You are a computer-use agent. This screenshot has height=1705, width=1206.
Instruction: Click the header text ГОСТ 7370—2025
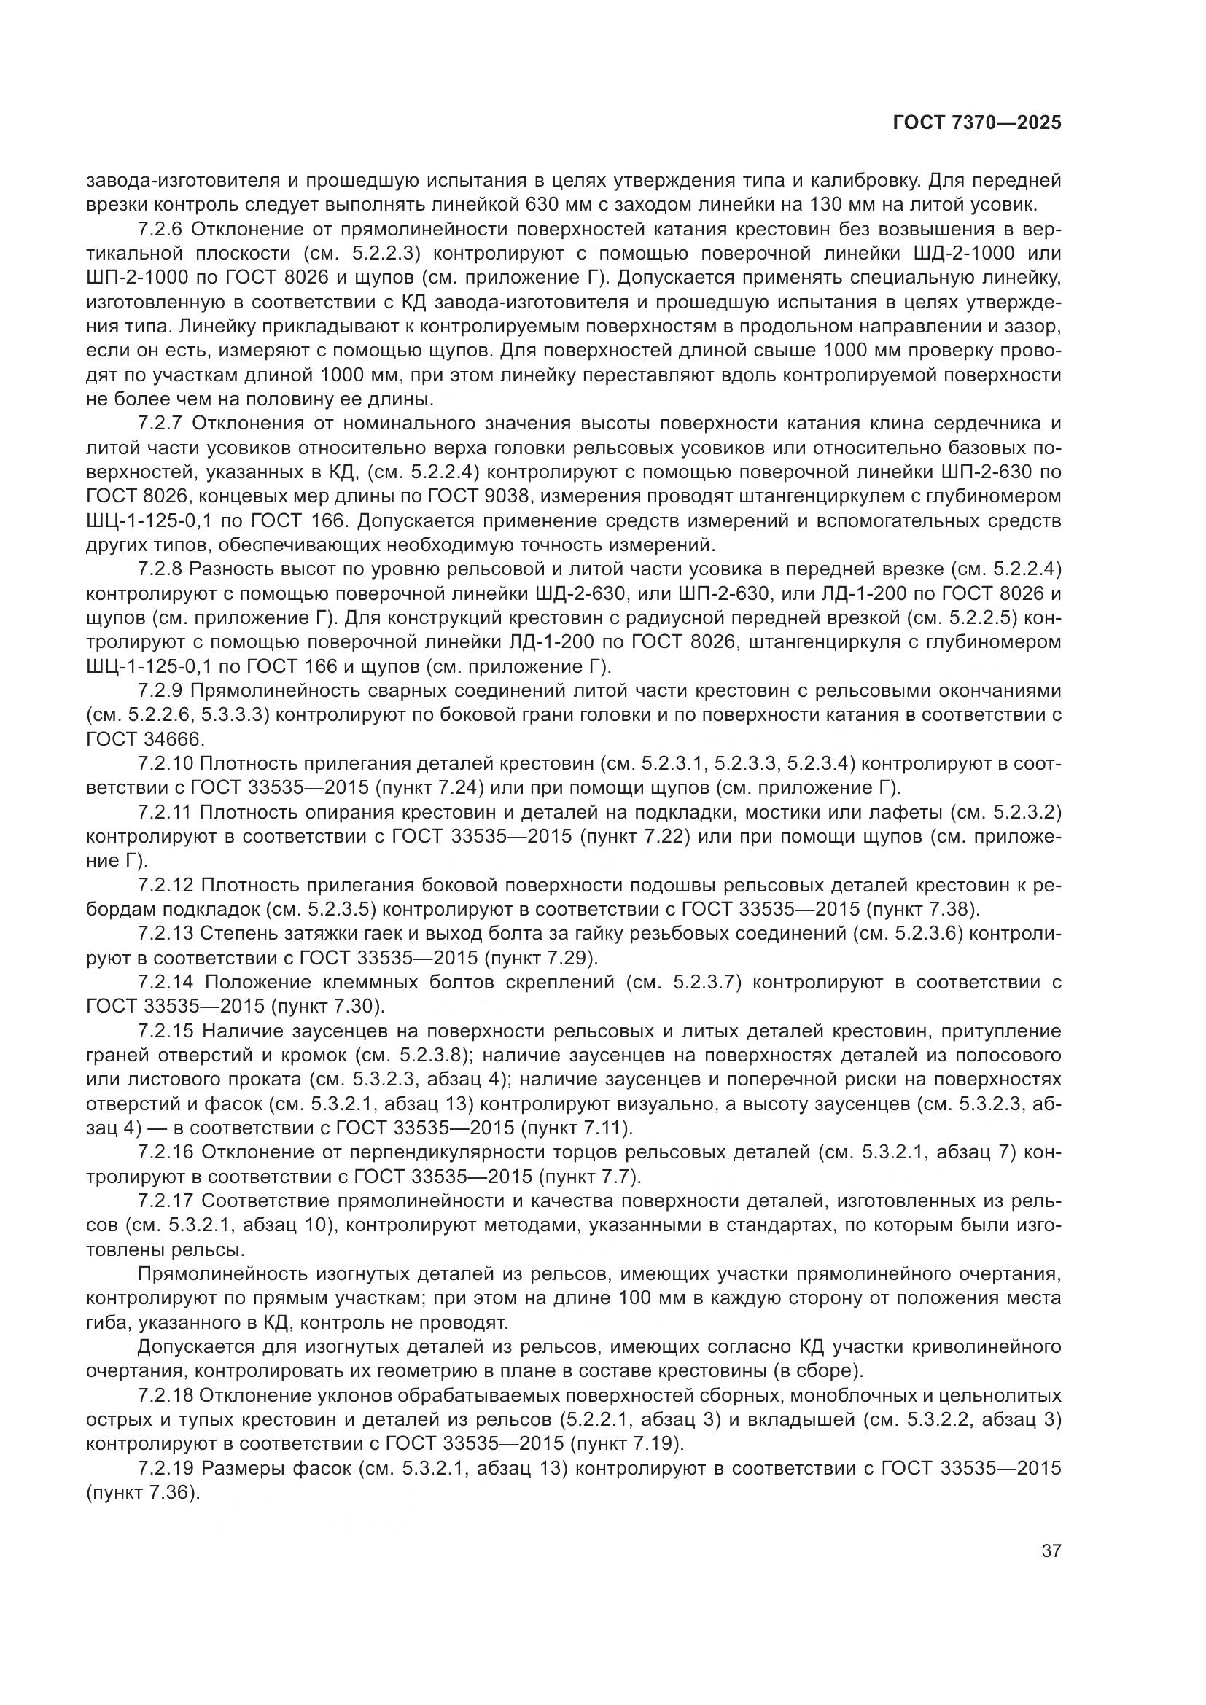pos(976,123)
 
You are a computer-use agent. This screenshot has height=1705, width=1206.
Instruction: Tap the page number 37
pos(1051,1551)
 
